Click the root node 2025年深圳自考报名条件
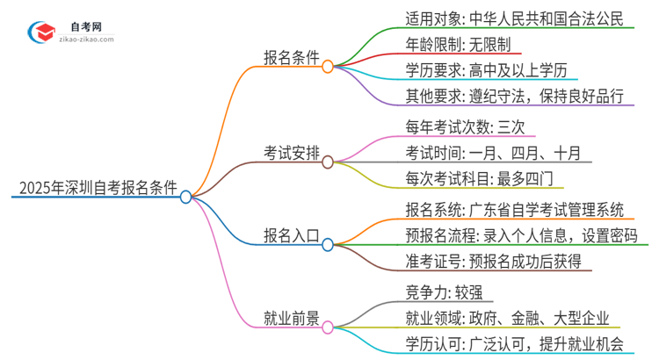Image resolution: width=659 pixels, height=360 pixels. coord(98,187)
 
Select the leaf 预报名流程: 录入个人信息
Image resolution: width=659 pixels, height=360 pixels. coord(512,234)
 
